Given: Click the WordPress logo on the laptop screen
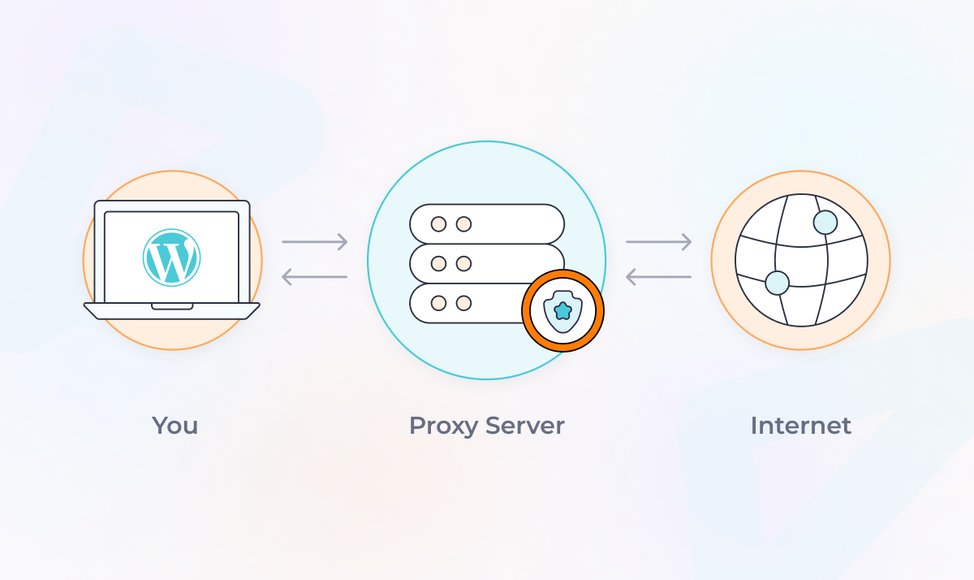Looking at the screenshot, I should coord(171,258).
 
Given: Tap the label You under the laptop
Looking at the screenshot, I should coord(175,426).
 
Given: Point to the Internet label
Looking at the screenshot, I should coord(800,426).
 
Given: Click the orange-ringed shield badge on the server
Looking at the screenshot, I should coord(562,310).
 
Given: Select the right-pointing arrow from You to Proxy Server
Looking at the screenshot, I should coord(315,241).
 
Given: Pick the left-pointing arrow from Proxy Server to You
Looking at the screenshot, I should coord(315,277).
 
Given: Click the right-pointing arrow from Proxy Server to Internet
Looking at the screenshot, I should coord(658,241).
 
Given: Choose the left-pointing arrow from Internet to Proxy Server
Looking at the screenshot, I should coord(658,277).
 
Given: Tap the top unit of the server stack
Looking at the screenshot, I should coord(486,223).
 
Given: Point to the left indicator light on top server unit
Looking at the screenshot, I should coord(438,224).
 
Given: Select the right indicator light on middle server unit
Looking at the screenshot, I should coord(463,263).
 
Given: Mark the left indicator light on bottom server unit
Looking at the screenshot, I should coord(438,303).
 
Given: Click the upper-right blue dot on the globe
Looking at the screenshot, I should coord(825,223).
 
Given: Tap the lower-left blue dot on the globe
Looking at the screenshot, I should coord(777,283).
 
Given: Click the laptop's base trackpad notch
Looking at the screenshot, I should coord(172,307).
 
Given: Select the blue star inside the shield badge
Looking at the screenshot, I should coord(562,310).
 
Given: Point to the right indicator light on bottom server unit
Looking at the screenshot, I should coord(463,303).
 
